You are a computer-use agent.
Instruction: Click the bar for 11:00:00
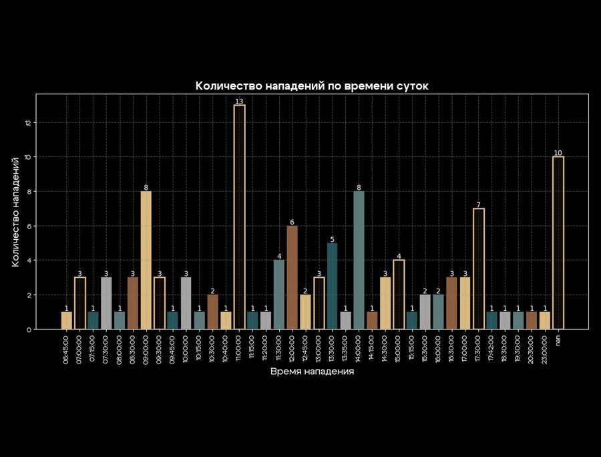(239, 217)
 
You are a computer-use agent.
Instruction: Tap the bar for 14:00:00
(359, 261)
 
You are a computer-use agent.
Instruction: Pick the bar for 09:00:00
(146, 261)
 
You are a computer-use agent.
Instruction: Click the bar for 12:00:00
(292, 277)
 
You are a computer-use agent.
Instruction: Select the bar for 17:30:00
(478, 269)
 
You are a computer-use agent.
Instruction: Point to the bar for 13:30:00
(332, 286)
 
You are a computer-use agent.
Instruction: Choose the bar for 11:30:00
(279, 295)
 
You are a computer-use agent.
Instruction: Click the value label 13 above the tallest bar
(239, 102)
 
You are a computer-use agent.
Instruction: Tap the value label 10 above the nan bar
(558, 153)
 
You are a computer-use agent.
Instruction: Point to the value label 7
(478, 205)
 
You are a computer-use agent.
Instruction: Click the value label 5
(332, 240)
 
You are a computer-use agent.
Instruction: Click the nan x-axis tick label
(558, 341)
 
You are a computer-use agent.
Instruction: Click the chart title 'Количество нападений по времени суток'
(312, 86)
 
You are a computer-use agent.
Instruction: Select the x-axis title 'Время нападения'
(312, 371)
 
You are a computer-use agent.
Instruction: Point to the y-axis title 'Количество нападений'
(15, 211)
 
